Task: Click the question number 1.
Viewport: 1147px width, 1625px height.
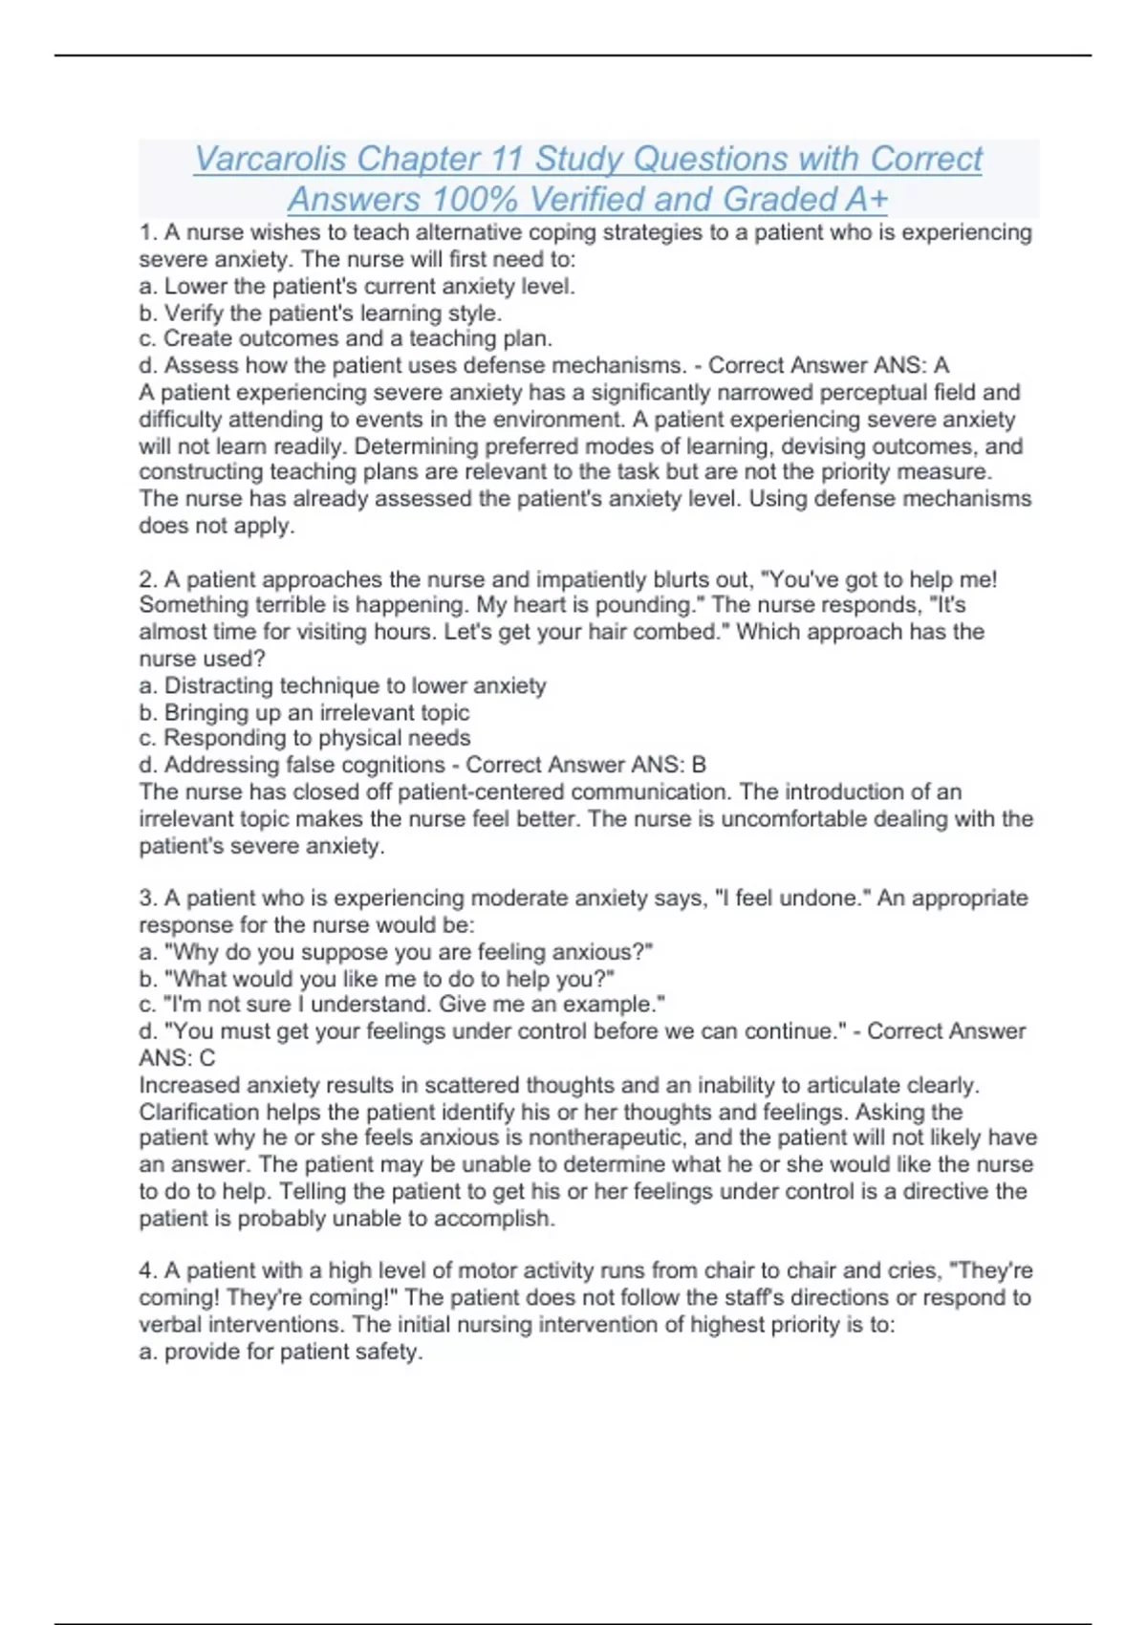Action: [x=146, y=232]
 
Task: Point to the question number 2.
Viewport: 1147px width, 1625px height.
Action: [x=147, y=579]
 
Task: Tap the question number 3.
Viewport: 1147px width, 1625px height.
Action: [x=147, y=899]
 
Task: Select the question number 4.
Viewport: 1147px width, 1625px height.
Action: [x=147, y=1270]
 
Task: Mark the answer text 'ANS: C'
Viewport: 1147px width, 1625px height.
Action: [x=177, y=1058]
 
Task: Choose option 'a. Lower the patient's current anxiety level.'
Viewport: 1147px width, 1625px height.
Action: [x=357, y=286]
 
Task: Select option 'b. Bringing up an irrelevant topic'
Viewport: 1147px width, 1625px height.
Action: [x=304, y=712]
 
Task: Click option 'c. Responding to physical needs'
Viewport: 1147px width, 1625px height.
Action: [x=304, y=738]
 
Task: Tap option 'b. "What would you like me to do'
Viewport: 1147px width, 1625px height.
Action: [x=377, y=979]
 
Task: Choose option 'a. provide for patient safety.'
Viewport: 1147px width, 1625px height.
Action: [x=280, y=1352]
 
